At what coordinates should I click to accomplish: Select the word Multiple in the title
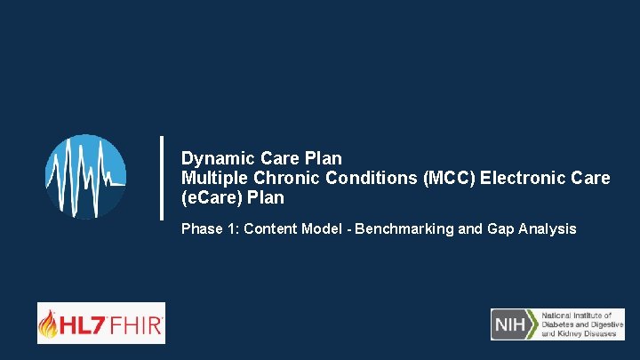tap(209, 179)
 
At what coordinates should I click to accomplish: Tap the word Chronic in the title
tap(272, 179)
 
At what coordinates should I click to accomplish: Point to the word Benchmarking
tap(404, 229)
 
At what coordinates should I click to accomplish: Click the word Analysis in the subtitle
tap(548, 229)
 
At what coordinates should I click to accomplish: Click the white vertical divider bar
tap(162, 178)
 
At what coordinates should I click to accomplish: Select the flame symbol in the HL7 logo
tap(49, 324)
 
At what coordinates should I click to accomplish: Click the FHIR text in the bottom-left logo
tap(133, 325)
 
